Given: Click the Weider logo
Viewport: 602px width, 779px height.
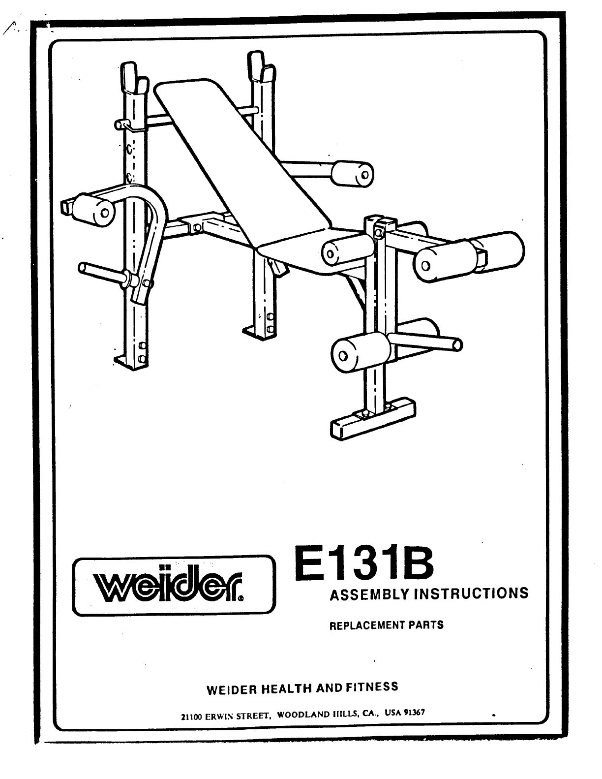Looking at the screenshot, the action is tap(174, 585).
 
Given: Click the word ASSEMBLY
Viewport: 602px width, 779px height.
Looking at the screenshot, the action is tap(369, 594).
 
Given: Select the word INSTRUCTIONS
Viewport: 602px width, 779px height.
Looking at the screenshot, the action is tap(471, 592).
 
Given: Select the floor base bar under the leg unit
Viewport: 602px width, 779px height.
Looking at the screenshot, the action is tap(372, 418).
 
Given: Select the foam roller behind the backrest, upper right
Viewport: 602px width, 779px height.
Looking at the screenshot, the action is tap(353, 174).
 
